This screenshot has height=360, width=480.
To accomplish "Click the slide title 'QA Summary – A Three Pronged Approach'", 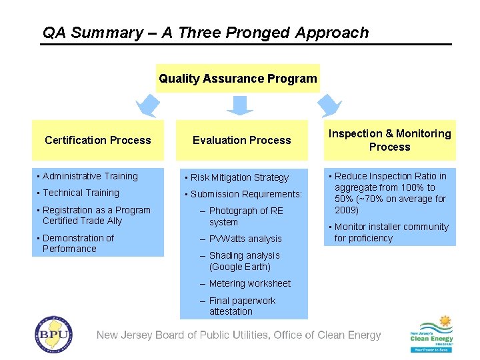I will pos(205,33).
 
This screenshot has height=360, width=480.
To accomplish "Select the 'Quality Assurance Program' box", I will pos(237,79).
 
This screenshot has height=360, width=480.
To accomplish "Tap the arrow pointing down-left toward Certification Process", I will pos(148,105).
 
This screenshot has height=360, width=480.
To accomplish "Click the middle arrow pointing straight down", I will pos(239,105).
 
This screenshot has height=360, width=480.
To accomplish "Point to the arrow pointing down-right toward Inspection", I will pos(328,105).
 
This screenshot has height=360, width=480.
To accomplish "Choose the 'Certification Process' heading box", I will pos(98,140).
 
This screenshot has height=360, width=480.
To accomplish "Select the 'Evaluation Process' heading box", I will pos(241,140).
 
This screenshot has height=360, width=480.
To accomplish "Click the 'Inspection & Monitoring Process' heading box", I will pos(389,140).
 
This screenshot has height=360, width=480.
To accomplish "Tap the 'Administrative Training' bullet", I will pos(89,176).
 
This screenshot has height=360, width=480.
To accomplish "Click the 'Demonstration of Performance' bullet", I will pos(77,243).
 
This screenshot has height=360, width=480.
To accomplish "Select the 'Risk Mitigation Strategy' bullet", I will pos(239,177).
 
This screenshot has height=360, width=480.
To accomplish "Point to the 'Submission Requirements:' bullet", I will pos(246,194).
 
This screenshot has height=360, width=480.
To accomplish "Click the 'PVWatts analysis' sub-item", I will pos(245,239).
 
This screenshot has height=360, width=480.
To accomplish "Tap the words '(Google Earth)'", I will pos(239,267).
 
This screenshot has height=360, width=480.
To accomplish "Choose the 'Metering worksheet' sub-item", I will pos(249,283).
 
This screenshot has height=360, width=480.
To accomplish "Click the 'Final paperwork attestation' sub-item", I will pos(241,306).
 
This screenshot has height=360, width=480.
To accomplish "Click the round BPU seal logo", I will pos(53,333).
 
